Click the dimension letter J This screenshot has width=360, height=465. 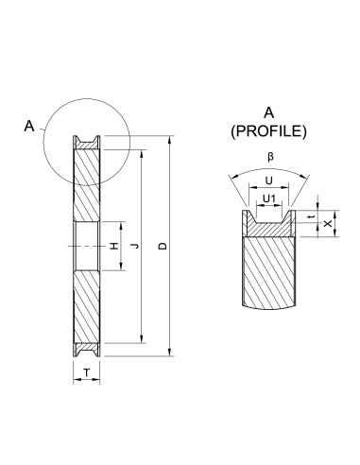pyautogui.click(x=133, y=247)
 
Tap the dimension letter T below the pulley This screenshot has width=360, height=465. pyautogui.click(x=87, y=373)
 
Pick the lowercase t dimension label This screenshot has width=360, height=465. pyautogui.click(x=313, y=215)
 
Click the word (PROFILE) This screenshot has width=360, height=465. pyautogui.click(x=269, y=132)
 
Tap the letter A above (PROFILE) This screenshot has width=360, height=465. pyautogui.click(x=269, y=113)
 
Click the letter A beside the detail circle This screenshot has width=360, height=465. pyautogui.click(x=28, y=124)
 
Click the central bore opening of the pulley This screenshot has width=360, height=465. pyautogui.click(x=87, y=247)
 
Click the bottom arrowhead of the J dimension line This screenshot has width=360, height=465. pyautogui.click(x=141, y=339)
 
